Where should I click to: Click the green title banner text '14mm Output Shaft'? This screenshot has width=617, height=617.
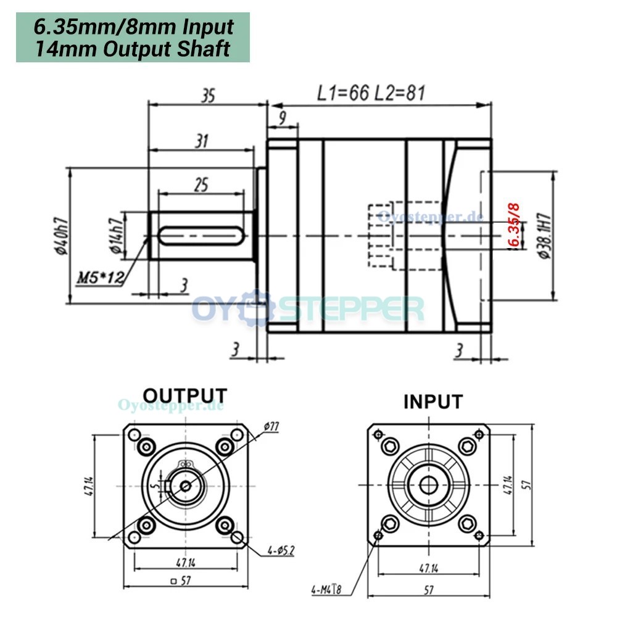tap(132, 48)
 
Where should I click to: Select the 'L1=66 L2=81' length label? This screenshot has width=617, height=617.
tap(371, 93)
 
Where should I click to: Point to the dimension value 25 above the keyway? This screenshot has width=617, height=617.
tap(201, 184)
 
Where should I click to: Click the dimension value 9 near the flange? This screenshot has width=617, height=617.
tap(282, 118)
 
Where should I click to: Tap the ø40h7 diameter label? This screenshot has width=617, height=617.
tap(60, 234)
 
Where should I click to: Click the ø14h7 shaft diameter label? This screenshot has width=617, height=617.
tap(115, 236)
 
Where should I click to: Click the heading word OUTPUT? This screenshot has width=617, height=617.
tap(184, 395)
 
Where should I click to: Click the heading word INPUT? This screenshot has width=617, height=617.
tap(433, 402)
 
